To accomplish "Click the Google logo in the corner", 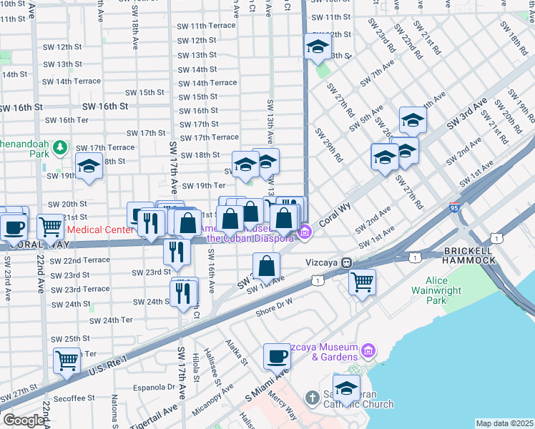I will (23, 420).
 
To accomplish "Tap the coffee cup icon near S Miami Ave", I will (277, 355).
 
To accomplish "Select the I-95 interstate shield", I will (456, 208).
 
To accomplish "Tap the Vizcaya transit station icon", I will (345, 262).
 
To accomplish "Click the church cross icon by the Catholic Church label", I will (312, 397).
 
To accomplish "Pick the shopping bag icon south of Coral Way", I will (266, 266).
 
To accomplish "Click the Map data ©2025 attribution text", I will (504, 423).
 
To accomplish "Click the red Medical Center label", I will (99, 230).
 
